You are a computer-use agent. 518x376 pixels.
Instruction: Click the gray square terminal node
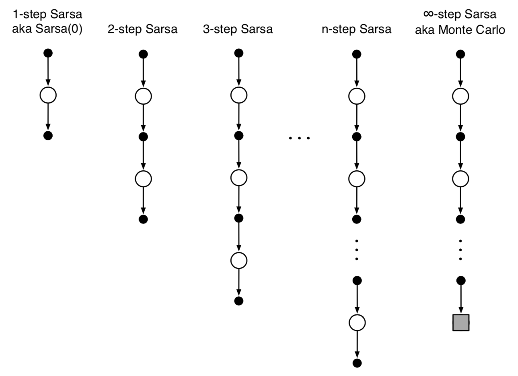[x=460, y=322]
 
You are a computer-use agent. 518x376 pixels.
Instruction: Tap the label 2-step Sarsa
[x=142, y=29]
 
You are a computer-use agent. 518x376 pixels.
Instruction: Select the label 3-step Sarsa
[x=238, y=29]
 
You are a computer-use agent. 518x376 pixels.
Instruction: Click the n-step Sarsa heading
[x=356, y=29]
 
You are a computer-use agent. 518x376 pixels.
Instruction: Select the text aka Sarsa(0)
[x=47, y=29]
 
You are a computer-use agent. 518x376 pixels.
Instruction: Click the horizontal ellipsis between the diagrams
[x=299, y=138]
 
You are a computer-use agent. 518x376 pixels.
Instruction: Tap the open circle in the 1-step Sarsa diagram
[x=48, y=95]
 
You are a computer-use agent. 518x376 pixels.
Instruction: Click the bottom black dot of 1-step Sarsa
[x=48, y=136]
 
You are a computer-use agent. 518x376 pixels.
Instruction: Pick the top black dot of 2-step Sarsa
[x=143, y=54]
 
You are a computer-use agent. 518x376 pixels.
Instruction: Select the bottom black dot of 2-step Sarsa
[x=143, y=219]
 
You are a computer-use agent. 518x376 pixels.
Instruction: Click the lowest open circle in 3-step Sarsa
[x=238, y=260]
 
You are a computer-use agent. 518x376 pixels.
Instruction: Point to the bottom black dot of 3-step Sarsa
[x=238, y=301]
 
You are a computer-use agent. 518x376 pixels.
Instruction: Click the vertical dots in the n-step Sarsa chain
[x=357, y=250]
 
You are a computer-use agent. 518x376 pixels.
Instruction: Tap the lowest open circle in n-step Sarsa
[x=357, y=322]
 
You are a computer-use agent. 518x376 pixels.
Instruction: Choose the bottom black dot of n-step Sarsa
[x=357, y=363]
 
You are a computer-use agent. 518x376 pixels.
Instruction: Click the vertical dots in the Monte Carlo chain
[x=460, y=250]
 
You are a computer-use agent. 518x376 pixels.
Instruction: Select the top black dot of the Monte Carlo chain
[x=460, y=54]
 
